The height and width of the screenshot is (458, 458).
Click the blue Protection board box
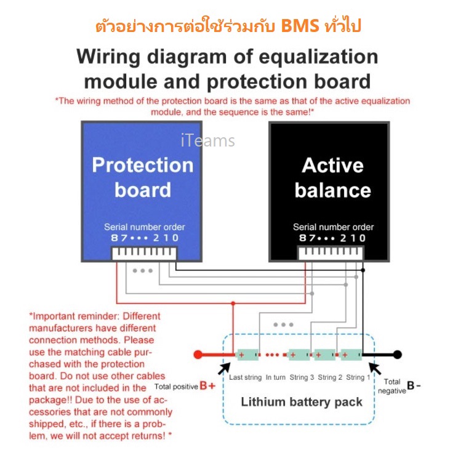[x=142, y=179]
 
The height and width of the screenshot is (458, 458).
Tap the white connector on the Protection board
[x=143, y=254]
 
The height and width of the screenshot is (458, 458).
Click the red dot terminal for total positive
[x=198, y=355]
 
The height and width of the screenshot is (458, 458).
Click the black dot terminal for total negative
[x=398, y=355]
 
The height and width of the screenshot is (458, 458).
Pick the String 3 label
[x=301, y=377]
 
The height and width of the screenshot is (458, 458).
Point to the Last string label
[x=244, y=377]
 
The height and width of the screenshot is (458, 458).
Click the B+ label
[x=207, y=387]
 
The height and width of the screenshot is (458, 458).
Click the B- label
[x=414, y=386]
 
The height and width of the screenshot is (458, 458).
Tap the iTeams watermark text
[x=208, y=141]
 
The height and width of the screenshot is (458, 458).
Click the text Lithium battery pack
[x=302, y=402]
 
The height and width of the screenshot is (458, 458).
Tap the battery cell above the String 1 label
[x=352, y=355]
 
